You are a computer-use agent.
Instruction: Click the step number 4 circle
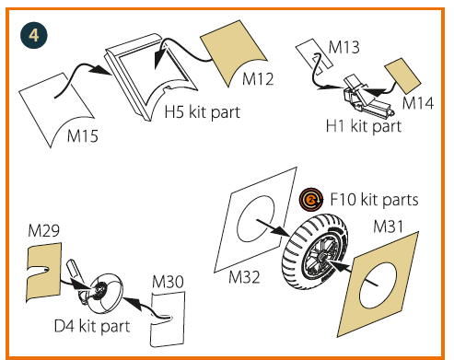click(34, 35)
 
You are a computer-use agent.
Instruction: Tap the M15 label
click(83, 135)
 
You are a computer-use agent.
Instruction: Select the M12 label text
click(258, 79)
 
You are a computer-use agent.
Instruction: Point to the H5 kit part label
click(203, 112)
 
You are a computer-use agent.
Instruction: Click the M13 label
click(343, 47)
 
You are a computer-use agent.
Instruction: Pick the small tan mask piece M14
click(402, 75)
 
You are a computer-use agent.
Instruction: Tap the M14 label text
click(418, 103)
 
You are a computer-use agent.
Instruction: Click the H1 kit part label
click(364, 126)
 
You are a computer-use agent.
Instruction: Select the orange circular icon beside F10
click(311, 200)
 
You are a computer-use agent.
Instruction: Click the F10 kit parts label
click(374, 200)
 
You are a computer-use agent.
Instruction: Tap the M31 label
click(388, 226)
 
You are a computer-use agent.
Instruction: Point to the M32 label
click(244, 277)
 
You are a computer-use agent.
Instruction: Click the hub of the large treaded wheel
click(321, 256)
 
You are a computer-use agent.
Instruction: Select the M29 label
click(43, 230)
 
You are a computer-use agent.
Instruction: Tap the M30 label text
click(168, 282)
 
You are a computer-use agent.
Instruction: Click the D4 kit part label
click(92, 326)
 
